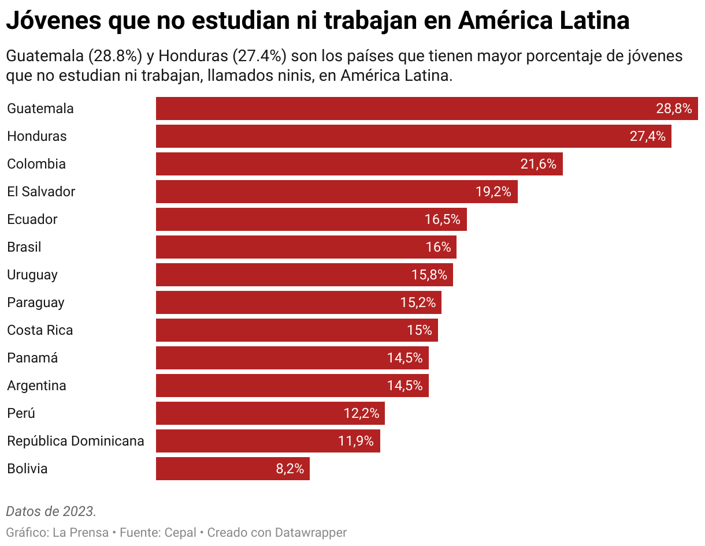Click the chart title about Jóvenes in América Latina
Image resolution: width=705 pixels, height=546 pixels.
(318, 21)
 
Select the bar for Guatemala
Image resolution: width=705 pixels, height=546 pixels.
(426, 109)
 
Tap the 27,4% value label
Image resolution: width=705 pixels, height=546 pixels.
(647, 136)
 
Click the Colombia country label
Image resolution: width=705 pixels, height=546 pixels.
(36, 164)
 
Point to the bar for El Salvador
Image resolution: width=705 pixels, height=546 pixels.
(336, 192)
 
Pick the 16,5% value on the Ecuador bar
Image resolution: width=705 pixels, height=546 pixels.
(442, 219)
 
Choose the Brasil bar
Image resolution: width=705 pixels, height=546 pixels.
(306, 247)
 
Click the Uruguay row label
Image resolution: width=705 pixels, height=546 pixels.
(32, 275)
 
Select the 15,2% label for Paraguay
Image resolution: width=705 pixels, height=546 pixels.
(418, 302)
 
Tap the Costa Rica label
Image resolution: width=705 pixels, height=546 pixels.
(40, 330)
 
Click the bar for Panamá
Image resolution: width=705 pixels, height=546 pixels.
(292, 358)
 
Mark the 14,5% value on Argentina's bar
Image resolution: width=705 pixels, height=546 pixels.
(405, 386)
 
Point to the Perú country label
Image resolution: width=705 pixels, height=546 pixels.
(21, 413)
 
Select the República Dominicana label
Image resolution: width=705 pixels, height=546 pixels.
(76, 441)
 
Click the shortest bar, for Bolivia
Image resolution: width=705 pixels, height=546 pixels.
(232, 469)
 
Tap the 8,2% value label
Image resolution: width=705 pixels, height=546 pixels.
(290, 469)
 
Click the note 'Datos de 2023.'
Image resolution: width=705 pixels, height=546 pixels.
(51, 511)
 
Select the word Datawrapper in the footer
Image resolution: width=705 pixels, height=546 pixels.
(311, 532)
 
